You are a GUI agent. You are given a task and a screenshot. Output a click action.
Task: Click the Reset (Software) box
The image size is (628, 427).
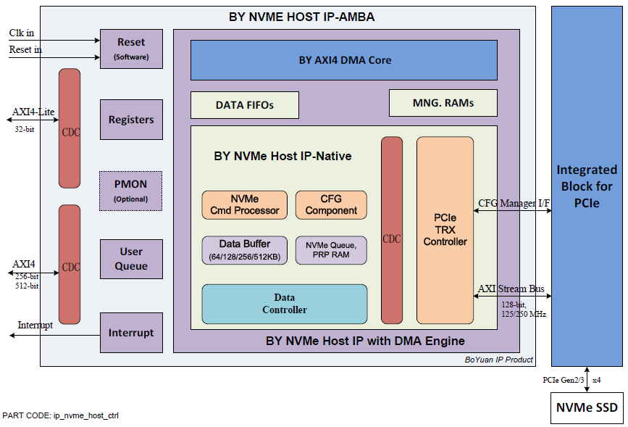point(131,49)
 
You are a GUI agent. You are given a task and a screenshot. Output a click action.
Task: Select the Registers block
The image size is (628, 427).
point(131,120)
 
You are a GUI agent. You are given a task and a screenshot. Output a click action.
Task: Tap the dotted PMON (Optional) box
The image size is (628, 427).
point(131,191)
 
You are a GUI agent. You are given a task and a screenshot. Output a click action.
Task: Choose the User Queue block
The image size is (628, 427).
point(131,259)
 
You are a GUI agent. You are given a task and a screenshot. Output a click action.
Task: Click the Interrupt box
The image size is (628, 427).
point(131,333)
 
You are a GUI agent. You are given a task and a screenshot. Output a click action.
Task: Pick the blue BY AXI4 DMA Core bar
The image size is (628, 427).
point(343,59)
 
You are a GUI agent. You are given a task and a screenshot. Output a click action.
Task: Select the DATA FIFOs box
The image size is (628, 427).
point(244,105)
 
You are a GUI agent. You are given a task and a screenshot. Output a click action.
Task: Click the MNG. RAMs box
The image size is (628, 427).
point(443,103)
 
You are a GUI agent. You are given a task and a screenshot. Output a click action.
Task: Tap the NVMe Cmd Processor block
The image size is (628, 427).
point(244,204)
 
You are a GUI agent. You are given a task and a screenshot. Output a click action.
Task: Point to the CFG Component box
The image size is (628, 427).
point(331,204)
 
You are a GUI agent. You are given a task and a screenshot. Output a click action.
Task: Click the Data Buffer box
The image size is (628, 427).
point(244,250)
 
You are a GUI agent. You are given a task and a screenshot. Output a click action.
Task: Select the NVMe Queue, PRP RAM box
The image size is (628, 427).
point(331,250)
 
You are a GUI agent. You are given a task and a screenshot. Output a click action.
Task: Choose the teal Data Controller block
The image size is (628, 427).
point(284,304)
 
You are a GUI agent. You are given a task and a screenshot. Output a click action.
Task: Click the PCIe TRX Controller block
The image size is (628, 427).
point(445,229)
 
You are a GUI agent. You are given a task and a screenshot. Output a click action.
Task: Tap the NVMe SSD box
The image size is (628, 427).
point(587,407)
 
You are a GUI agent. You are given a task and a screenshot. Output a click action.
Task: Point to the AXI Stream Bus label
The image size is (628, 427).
point(511,289)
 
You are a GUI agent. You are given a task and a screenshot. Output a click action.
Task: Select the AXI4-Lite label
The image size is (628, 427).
point(33,112)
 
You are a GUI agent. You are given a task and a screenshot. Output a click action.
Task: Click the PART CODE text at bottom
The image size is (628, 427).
point(61,416)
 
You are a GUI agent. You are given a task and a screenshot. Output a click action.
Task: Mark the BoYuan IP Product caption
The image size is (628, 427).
point(498,360)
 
